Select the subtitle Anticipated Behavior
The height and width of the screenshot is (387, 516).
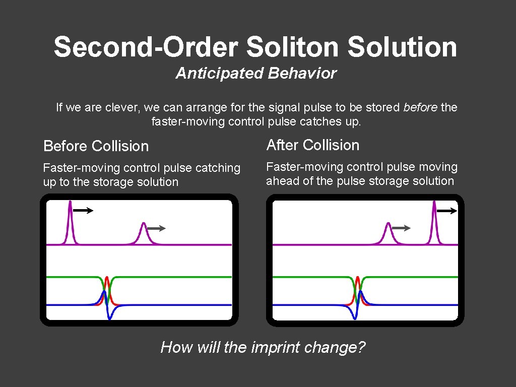click(x=256, y=74)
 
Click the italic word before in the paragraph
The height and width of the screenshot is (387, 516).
click(x=420, y=107)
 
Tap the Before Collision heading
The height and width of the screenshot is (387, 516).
click(x=96, y=146)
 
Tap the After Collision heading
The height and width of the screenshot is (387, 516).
click(x=312, y=145)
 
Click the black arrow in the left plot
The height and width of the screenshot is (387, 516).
click(x=84, y=211)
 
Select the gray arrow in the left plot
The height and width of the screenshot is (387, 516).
click(x=156, y=228)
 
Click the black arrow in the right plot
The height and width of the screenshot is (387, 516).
click(x=446, y=211)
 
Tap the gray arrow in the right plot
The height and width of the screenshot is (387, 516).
click(x=401, y=228)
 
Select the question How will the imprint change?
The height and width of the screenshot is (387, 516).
click(x=263, y=347)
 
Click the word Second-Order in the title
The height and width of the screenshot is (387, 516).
click(x=146, y=47)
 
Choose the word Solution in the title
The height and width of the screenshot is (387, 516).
click(x=402, y=47)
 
